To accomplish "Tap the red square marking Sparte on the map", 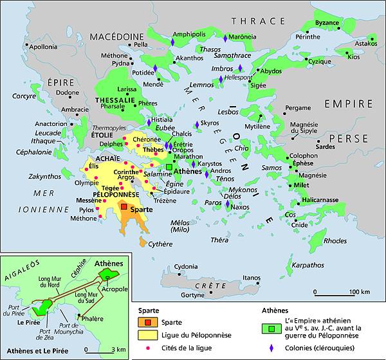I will tap(124, 207).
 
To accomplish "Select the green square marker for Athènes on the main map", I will tap(169, 165).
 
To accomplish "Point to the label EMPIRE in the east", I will tap(348, 104).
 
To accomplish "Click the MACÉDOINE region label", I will tap(116, 37).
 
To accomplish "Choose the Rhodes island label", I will tap(335, 241).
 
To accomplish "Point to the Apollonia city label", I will tap(43, 47).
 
